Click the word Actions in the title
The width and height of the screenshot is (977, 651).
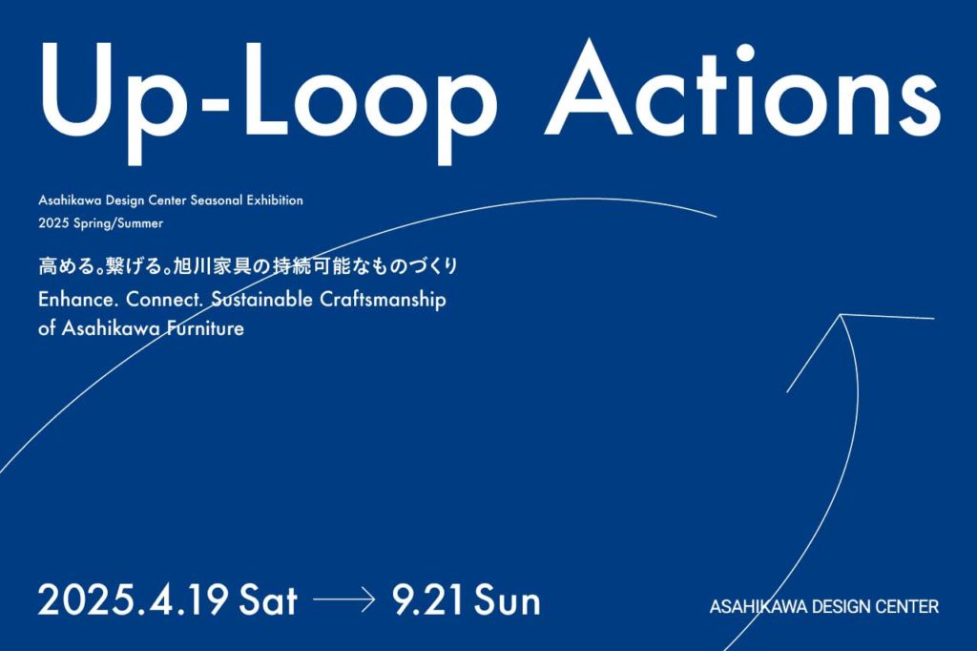point(742,90)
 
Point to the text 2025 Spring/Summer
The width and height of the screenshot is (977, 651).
point(100,223)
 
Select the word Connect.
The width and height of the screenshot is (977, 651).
point(165,300)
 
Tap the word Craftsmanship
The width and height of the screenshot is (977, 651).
point(384,300)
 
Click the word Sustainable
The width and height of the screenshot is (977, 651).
point(261,300)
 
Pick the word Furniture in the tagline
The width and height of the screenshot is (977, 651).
point(205,328)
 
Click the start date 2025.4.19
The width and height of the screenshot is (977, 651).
point(133,601)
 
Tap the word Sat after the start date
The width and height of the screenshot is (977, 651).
point(268,601)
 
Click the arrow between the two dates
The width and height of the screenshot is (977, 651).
point(343,600)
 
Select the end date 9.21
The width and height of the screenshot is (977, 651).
point(428,601)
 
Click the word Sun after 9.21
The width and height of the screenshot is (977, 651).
point(508,601)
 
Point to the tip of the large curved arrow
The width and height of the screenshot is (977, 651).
point(842,315)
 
